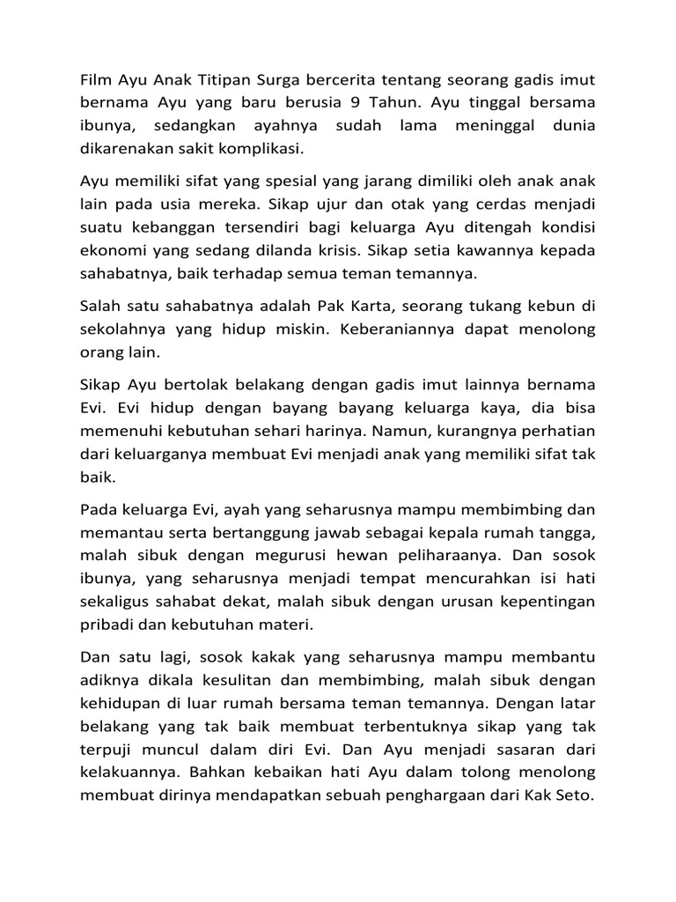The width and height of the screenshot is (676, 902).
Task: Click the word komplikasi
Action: [x=268, y=149]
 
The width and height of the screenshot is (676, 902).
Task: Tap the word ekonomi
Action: [x=110, y=250]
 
